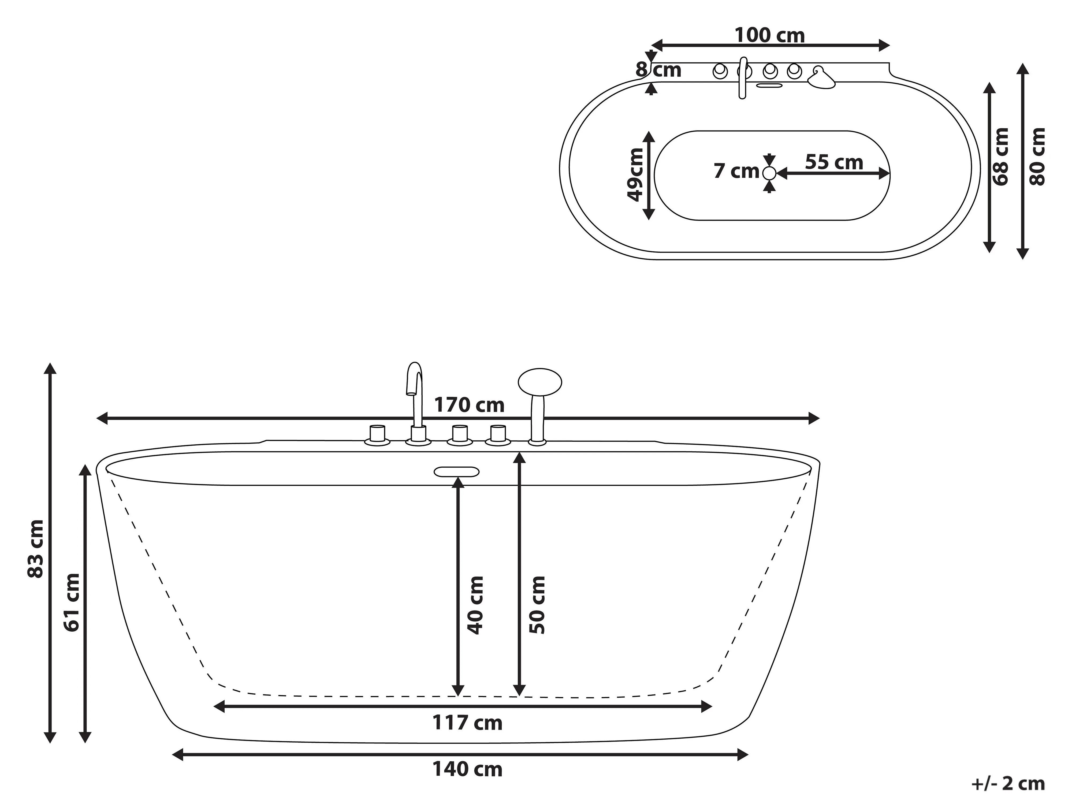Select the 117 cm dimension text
coord(467,723)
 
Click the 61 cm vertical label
coord(72,602)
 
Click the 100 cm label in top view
coord(770,35)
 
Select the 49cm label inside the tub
coord(635,174)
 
